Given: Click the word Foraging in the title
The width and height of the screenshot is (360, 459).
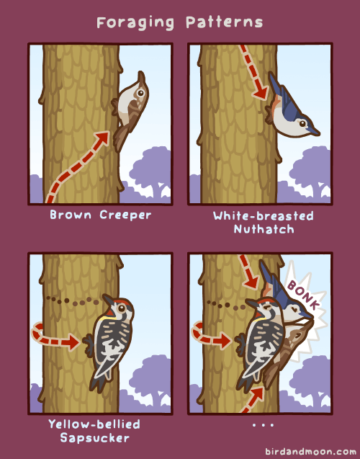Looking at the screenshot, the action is click(135, 23).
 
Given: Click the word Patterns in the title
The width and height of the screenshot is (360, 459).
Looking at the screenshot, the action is click(225, 22).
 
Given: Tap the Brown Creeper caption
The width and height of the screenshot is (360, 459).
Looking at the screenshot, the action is click(101, 215).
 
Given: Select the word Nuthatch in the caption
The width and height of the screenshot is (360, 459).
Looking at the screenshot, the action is click(264, 228).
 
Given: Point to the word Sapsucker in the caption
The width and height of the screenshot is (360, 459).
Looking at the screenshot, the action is click(95, 438).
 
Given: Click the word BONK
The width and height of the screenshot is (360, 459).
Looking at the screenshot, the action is click(303, 295).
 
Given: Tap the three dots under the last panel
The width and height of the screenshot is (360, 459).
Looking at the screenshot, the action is click(264, 424).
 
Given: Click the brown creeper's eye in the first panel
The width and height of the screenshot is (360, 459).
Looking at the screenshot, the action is click(140, 93).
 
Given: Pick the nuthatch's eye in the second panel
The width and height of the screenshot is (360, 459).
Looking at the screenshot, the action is click(302, 123).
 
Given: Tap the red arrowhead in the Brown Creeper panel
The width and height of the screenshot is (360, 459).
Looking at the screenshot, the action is click(102, 138).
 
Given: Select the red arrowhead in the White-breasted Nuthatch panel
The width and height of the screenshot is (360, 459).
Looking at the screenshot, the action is click(261, 92).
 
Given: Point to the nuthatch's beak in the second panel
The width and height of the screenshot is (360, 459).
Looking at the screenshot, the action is click(314, 131).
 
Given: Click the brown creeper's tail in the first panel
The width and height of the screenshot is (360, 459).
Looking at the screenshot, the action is click(120, 138).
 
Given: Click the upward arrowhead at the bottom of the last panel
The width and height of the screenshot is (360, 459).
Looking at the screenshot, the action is click(257, 394).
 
